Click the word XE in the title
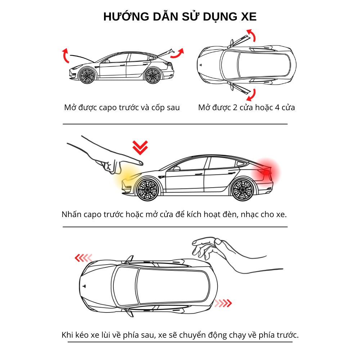(247, 17)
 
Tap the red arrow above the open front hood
(65, 55)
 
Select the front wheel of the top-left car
(86, 75)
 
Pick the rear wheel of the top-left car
(153, 75)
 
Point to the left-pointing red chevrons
(83, 258)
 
